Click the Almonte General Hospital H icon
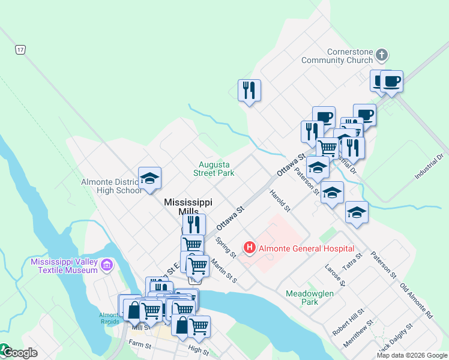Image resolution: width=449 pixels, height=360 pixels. [249, 247]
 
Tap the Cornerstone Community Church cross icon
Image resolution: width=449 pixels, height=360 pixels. [382, 56]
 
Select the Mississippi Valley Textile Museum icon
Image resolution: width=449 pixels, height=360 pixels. [107, 265]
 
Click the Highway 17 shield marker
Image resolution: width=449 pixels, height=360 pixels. [21, 50]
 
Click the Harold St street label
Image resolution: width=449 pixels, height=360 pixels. [280, 201]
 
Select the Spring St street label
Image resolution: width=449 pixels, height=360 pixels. [226, 247]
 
